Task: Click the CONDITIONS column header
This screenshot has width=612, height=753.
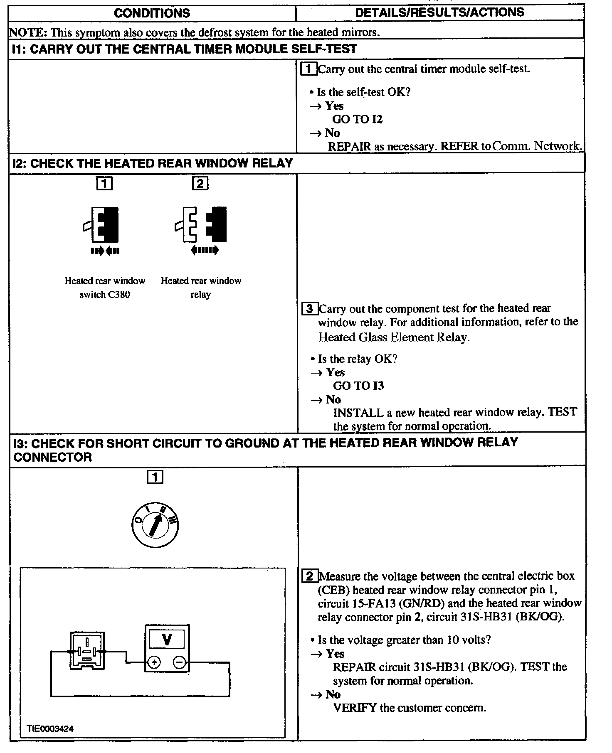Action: [152, 13]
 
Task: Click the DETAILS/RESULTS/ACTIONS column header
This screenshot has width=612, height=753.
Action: [439, 12]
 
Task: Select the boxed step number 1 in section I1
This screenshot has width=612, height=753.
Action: [308, 69]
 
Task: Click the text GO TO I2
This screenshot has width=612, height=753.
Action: [357, 119]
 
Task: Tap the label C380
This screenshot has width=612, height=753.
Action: [118, 295]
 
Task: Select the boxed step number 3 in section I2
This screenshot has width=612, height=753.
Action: [309, 309]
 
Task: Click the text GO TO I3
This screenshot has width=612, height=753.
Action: [358, 386]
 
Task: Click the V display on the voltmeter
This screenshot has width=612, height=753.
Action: [167, 639]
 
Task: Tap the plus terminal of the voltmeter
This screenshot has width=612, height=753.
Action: [154, 662]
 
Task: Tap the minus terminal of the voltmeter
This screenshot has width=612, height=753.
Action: [180, 662]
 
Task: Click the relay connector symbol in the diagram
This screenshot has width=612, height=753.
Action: [87, 651]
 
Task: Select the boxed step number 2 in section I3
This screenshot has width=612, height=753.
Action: [309, 576]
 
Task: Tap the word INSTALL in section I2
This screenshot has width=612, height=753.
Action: [358, 413]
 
